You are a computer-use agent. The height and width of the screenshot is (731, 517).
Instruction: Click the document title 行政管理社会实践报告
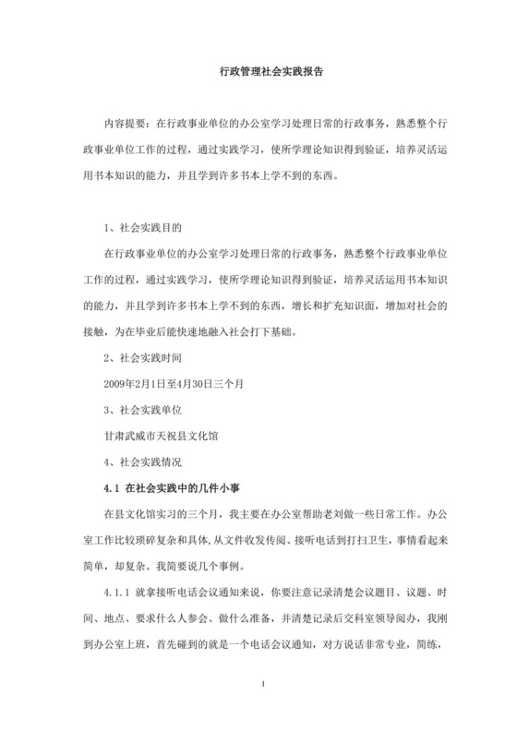click(x=258, y=69)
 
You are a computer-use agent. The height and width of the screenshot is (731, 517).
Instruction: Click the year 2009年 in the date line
click(x=120, y=381)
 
